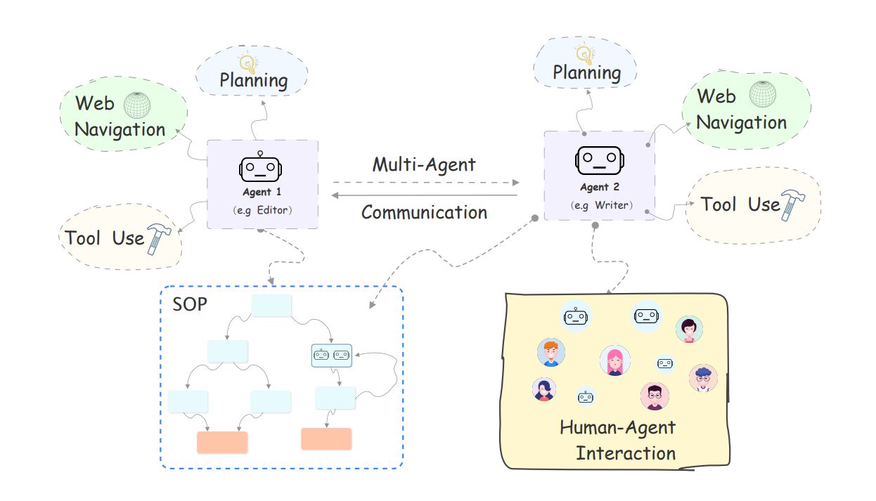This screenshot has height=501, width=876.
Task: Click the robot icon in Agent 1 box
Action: (261, 167)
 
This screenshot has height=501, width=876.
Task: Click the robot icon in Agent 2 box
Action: (599, 160)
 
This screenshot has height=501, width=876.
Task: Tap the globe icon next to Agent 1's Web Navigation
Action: (137, 105)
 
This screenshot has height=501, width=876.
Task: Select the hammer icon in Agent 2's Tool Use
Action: (792, 205)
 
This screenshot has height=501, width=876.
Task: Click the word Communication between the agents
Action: (424, 212)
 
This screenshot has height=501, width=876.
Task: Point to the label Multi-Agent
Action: (424, 165)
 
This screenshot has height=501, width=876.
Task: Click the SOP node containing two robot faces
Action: (331, 355)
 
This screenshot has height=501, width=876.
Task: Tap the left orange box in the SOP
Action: (222, 442)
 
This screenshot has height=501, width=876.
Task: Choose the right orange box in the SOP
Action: (326, 438)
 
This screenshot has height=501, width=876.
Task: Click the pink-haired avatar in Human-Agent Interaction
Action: (614, 360)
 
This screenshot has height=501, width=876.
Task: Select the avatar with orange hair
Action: (551, 353)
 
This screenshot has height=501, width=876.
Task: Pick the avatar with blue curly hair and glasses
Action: (702, 377)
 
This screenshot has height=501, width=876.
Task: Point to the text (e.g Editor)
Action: (262, 210)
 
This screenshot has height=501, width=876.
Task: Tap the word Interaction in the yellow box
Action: (626, 453)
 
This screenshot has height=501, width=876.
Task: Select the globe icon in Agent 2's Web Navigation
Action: (762, 94)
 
